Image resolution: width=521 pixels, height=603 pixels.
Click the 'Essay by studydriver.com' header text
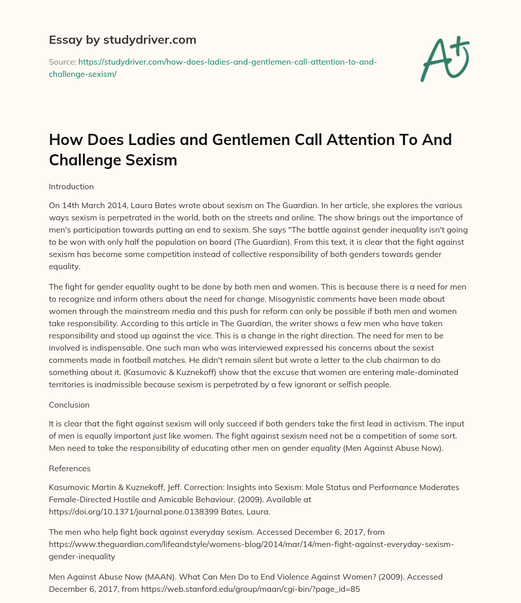122,40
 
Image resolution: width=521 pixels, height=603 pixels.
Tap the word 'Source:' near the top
62,62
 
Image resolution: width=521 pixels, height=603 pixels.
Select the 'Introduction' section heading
71,186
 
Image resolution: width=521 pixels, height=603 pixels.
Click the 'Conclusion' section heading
69,405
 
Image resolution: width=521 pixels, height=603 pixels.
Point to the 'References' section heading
70,468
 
